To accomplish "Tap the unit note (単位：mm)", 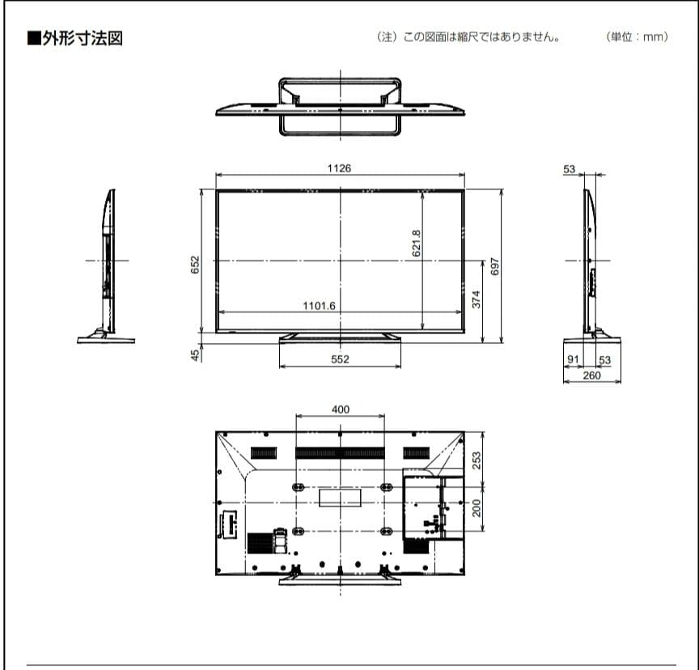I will point(638,38).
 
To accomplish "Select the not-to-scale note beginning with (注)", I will point(468,38).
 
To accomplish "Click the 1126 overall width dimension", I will point(339,167).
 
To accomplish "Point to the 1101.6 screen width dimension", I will point(319,305).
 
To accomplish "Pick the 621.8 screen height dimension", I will point(416,242).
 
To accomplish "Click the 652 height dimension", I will point(195,265).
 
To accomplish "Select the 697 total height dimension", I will point(494,265).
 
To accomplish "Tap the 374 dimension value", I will point(476,299).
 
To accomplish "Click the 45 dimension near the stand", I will point(195,354).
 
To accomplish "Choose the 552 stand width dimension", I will point(340,359).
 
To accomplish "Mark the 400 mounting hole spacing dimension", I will point(341,409).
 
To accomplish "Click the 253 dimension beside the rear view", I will point(477,460).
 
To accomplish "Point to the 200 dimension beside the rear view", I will point(477,507).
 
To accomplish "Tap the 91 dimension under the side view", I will point(573,360).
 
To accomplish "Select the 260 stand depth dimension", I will point(591,375).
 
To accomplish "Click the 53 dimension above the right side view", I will point(570,169).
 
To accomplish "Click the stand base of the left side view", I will point(105,340).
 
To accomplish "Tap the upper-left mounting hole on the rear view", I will point(297,487).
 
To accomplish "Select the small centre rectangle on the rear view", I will point(340,497).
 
